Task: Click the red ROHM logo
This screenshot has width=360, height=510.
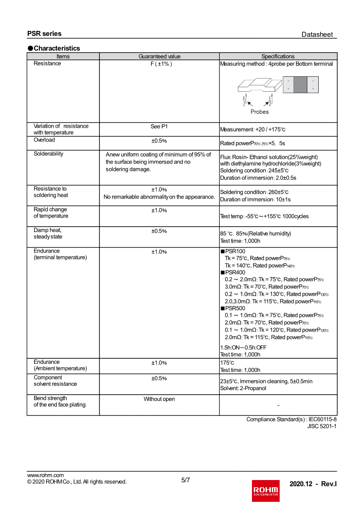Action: click(x=266, y=490)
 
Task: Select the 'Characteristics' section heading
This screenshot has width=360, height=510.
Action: click(x=57, y=48)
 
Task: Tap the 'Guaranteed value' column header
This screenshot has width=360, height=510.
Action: click(x=159, y=56)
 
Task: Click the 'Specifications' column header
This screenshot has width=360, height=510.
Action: click(x=278, y=56)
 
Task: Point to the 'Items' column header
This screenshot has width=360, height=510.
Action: click(x=63, y=56)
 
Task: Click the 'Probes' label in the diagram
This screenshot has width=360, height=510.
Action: click(x=259, y=112)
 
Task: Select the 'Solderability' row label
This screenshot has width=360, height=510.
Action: click(x=49, y=154)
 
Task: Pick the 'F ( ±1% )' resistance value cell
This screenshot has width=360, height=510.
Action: click(x=159, y=64)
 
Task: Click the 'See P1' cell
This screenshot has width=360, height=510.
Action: click(x=159, y=126)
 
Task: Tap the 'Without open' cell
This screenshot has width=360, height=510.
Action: click(x=159, y=399)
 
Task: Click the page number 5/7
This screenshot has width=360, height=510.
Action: click(x=185, y=480)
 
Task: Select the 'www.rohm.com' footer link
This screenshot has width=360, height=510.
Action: click(x=45, y=475)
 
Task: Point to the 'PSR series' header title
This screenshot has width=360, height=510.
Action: click(x=44, y=34)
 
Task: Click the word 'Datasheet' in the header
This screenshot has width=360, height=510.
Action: click(x=317, y=35)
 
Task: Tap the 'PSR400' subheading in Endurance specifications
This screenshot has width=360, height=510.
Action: click(x=235, y=272)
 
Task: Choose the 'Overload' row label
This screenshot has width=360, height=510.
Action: click(x=44, y=140)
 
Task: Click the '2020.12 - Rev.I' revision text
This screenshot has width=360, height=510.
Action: click(x=313, y=484)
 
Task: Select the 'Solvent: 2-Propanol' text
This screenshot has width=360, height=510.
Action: click(x=243, y=388)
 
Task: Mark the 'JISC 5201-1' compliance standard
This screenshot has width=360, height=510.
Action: click(x=321, y=426)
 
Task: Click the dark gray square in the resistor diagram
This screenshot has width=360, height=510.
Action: click(x=300, y=85)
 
